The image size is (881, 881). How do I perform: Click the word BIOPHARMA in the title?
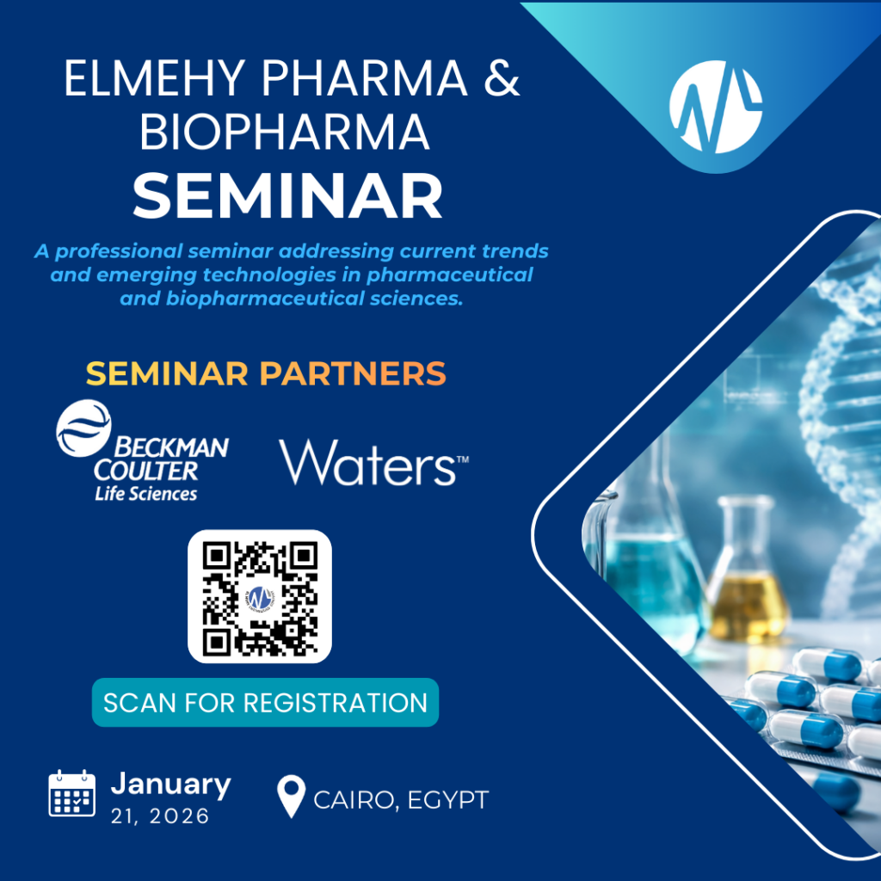(x=285, y=133)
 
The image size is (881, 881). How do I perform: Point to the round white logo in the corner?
(x=716, y=107)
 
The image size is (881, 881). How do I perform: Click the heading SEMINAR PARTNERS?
(x=266, y=373)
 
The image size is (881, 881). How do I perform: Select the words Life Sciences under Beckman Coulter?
(x=145, y=493)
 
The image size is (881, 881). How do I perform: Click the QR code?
(x=259, y=596)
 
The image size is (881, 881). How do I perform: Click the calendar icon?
(x=71, y=792)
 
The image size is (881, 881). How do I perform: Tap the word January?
(x=170, y=784)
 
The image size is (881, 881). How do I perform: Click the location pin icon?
(x=292, y=797)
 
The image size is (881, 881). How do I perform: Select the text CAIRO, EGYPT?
(x=401, y=800)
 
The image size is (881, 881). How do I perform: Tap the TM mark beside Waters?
(x=461, y=460)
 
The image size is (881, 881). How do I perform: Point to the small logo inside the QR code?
(x=259, y=596)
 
